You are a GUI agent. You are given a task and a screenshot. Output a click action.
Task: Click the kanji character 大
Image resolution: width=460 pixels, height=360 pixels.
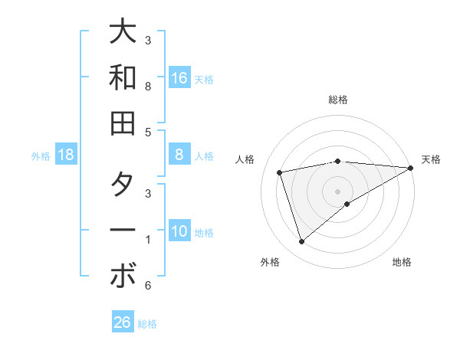coord(123,32)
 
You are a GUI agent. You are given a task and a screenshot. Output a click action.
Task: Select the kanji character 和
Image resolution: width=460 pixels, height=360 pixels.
coord(123,77)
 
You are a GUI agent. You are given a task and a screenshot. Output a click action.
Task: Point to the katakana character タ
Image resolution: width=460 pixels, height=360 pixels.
coord(123,185)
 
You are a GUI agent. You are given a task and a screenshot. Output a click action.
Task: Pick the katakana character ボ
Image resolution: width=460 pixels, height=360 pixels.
coord(123,276)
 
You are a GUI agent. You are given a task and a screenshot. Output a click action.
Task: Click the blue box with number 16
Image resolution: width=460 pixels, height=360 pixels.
coord(179,78)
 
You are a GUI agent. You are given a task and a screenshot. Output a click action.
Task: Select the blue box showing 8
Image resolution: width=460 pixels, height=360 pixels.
coord(179,155)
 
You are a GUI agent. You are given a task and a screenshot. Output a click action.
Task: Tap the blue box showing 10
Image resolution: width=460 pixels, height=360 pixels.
coord(179,231)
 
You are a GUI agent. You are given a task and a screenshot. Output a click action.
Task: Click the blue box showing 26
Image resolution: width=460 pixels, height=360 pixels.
coord(123,322)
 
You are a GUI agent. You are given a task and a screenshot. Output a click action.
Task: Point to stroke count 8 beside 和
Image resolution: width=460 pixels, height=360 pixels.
coord(148,87)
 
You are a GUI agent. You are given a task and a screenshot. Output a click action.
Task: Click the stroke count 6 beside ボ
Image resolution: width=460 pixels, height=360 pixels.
coord(148,286)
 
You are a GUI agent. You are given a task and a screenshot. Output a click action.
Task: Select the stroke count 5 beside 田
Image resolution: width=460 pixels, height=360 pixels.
coord(148,132)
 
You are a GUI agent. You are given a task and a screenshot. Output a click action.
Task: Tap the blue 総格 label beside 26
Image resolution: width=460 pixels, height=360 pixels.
coord(147,324)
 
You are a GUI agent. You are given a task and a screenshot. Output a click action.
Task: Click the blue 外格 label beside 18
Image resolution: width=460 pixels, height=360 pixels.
coord(41,156)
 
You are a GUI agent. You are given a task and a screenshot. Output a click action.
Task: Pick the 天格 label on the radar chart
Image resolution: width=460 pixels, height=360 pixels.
coord(431,159)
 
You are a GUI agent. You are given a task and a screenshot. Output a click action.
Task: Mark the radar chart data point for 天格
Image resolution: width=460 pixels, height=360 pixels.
coord(411,169)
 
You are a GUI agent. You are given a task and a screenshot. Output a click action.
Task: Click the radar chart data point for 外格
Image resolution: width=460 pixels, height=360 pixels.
coord(301,242)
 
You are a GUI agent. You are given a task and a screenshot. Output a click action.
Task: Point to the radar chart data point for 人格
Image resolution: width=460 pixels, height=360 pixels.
coord(281,172)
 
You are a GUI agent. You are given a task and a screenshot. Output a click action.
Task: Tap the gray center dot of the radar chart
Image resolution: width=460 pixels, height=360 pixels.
coord(338,190)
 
